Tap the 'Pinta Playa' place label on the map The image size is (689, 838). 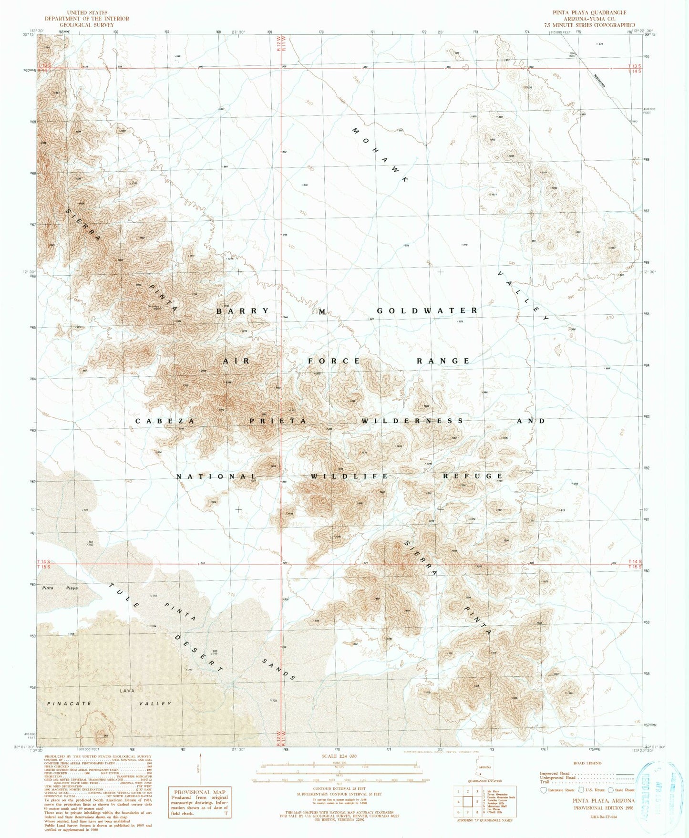click(60, 588)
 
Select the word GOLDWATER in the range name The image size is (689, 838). click(427, 310)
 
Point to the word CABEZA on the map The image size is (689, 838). click(165, 421)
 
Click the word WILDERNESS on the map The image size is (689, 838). click(412, 421)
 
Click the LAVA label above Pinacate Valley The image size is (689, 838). click(127, 691)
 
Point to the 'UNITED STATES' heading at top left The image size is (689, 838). click(87, 12)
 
